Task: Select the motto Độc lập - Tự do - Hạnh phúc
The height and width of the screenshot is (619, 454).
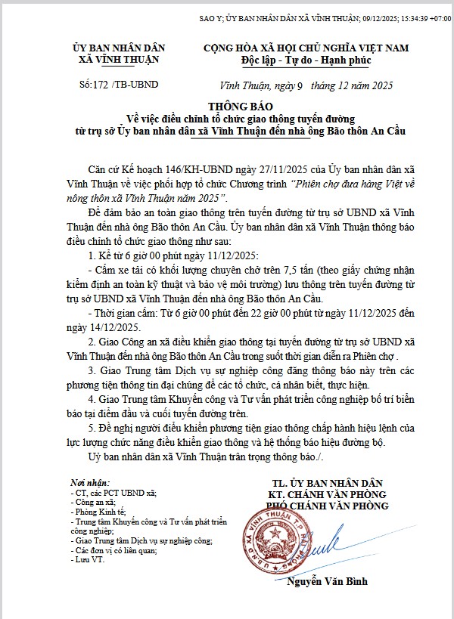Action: [306, 59]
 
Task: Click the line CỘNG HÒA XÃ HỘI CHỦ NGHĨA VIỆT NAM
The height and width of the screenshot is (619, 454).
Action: [306, 48]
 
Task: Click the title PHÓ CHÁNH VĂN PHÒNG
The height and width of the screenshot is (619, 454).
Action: [328, 506]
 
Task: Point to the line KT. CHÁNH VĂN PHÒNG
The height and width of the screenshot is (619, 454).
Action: [328, 494]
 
